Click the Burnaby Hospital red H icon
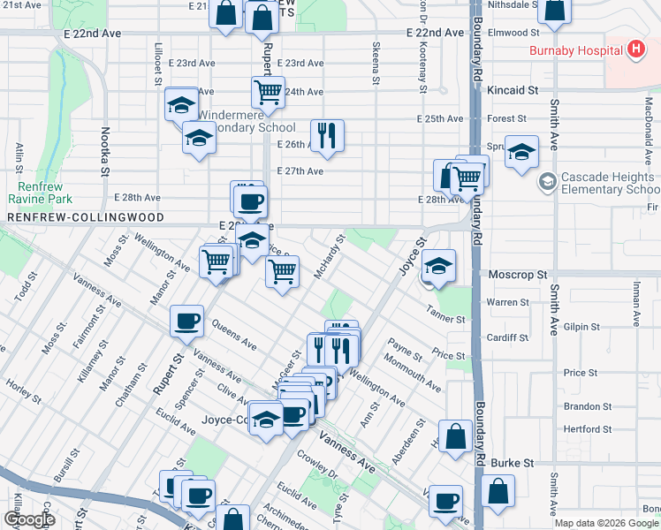(x=634, y=49)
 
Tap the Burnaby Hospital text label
(x=575, y=50)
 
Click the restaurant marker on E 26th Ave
(x=327, y=135)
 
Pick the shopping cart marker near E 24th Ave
(x=267, y=92)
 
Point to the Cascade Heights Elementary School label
(x=605, y=184)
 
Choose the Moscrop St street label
(x=513, y=276)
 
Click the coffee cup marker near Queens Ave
(x=187, y=321)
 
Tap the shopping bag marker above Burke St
(x=455, y=436)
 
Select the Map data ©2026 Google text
(x=606, y=523)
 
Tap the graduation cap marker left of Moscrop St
(x=438, y=264)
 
